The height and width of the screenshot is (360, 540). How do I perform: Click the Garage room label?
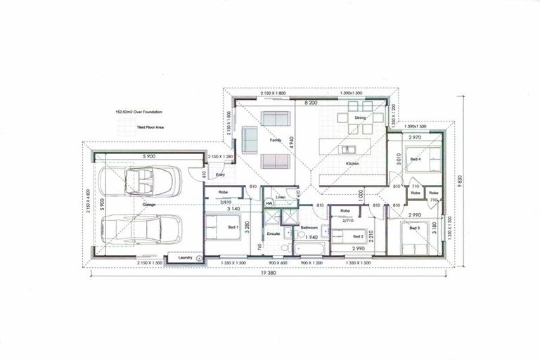coord(149,205)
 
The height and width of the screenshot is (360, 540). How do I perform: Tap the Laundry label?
coord(186,258)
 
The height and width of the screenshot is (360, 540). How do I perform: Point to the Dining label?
coord(360,118)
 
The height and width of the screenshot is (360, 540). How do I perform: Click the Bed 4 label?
coord(416,160)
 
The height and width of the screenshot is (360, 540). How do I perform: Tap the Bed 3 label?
coord(414,229)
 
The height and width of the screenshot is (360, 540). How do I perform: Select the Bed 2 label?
coord(358,236)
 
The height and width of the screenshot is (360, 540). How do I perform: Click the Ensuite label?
coord(274,233)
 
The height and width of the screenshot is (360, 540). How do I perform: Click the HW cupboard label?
coord(269,204)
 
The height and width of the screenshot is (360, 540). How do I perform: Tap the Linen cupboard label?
coord(280,198)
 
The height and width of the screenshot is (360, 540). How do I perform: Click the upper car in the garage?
coord(142,183)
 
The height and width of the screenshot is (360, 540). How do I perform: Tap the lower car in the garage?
coord(142,230)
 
